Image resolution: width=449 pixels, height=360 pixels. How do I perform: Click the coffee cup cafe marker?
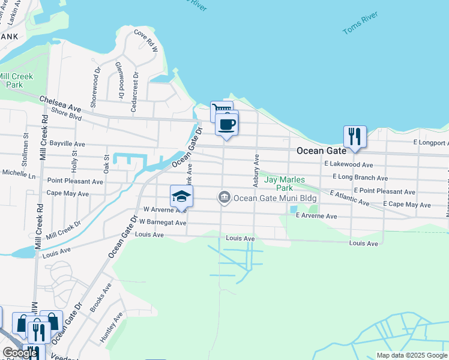226,125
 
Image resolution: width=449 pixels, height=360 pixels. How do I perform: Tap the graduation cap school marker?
181,196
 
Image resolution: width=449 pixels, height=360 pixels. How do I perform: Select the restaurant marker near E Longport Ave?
355,136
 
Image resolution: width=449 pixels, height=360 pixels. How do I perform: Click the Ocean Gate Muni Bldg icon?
224,197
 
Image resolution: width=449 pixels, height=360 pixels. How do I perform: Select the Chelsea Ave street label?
60,103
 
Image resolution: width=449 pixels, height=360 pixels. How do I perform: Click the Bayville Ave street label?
67,145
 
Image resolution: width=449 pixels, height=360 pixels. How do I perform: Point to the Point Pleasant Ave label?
76,181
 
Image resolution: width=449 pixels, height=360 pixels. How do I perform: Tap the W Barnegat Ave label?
163,222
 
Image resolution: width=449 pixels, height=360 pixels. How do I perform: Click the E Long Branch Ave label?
361,178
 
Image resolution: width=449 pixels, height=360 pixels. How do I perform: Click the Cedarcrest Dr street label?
135,92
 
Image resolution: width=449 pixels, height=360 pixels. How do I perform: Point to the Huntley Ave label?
112,328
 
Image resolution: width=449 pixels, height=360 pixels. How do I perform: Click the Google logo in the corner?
20,353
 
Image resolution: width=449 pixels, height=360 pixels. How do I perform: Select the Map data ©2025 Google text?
411,355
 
